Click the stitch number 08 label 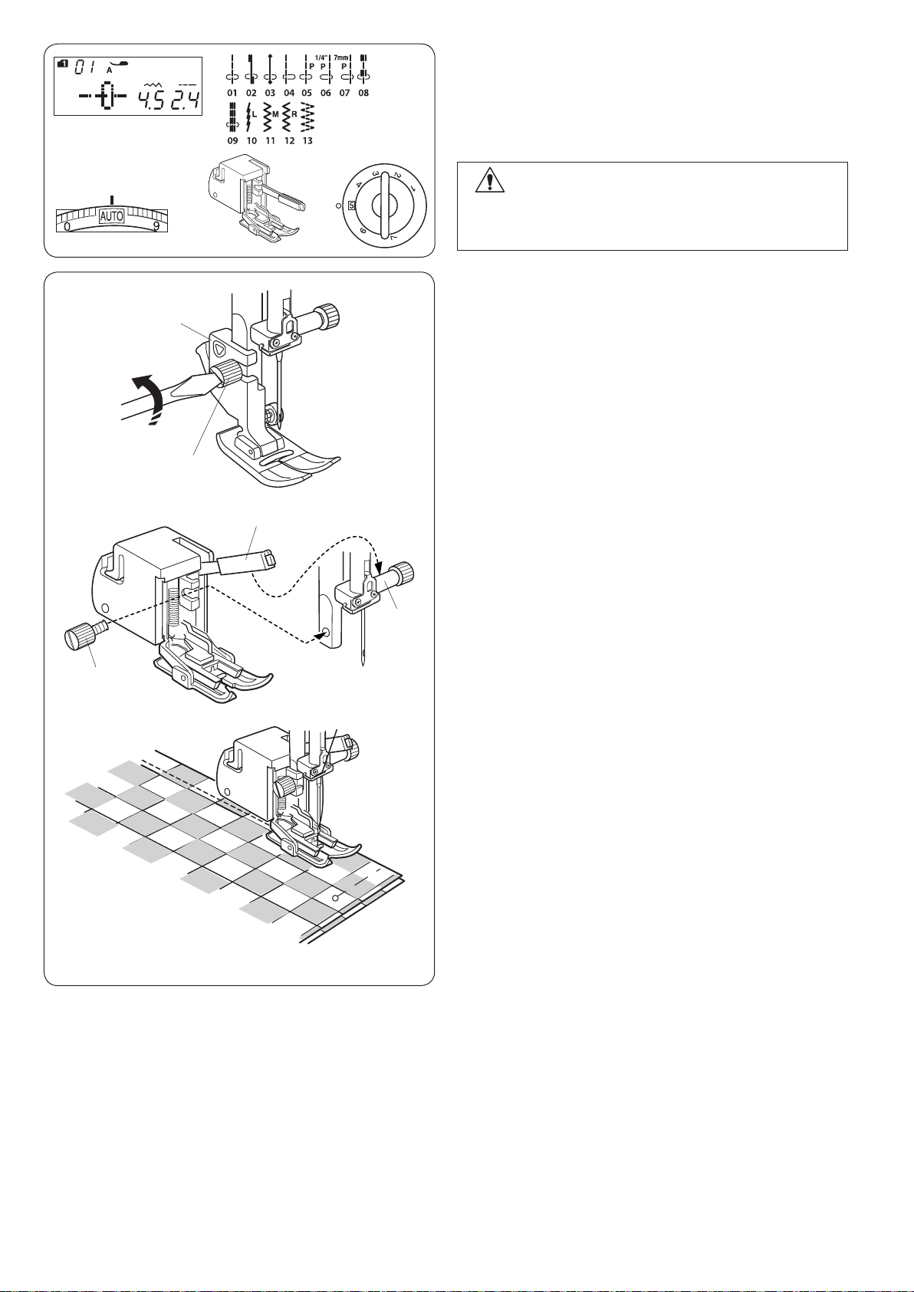tap(363, 93)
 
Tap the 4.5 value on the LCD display tap(150, 102)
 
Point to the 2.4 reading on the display tap(185, 102)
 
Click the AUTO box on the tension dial tap(111, 216)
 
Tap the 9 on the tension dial tap(156, 227)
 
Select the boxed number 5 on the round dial tap(351, 205)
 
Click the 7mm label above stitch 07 tap(343, 58)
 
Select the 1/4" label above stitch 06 tap(321, 58)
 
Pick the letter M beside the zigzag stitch tap(275, 114)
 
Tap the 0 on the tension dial tap(67, 227)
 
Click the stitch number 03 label tap(270, 93)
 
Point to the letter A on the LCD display tap(109, 70)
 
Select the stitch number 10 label tap(252, 141)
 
